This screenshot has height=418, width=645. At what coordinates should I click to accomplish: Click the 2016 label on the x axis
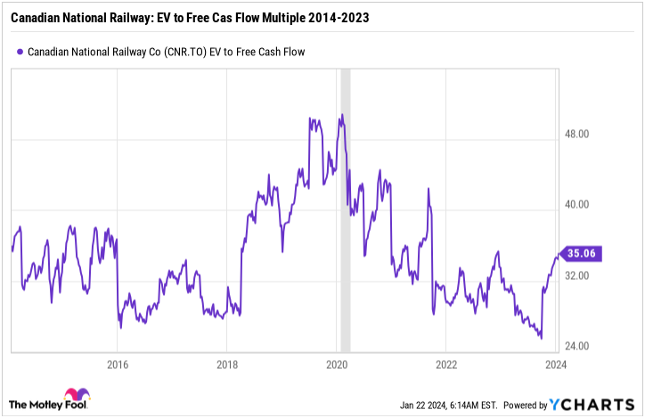coord(117,364)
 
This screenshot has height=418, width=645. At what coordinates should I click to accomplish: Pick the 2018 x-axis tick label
coord(226,364)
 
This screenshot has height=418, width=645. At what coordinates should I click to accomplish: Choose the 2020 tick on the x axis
coord(337,364)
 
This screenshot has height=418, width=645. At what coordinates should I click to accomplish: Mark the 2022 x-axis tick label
coord(446,364)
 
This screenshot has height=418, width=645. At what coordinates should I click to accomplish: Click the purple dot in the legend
coord(20,52)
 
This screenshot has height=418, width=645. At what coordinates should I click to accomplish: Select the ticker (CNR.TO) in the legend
coord(185,52)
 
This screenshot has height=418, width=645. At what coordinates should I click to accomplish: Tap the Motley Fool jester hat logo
coord(76,398)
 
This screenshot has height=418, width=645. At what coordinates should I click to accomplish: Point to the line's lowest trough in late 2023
coord(541,339)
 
